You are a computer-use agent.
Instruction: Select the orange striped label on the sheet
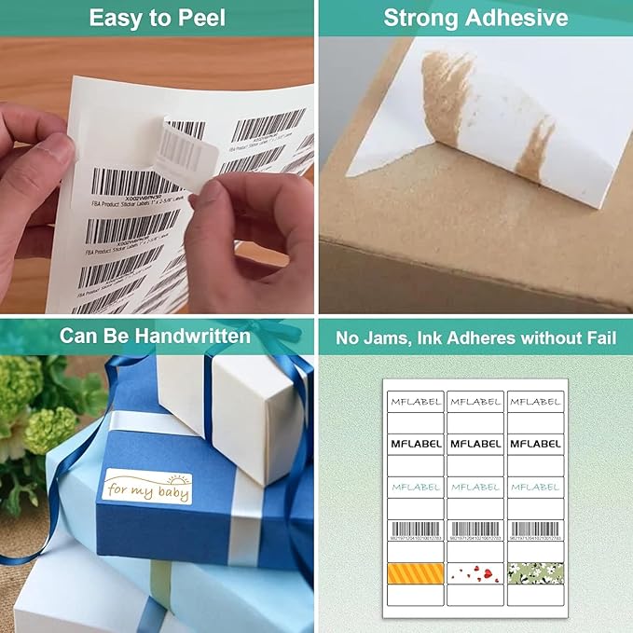pyautogui.click(x=415, y=572)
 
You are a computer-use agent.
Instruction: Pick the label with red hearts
pyautogui.click(x=475, y=572)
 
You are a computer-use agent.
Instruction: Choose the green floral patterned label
pyautogui.click(x=535, y=572)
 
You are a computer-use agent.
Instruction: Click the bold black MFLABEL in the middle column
pyautogui.click(x=475, y=444)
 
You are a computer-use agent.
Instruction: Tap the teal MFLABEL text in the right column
pyautogui.click(x=535, y=487)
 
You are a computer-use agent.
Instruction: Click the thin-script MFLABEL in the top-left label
pyautogui.click(x=415, y=401)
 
